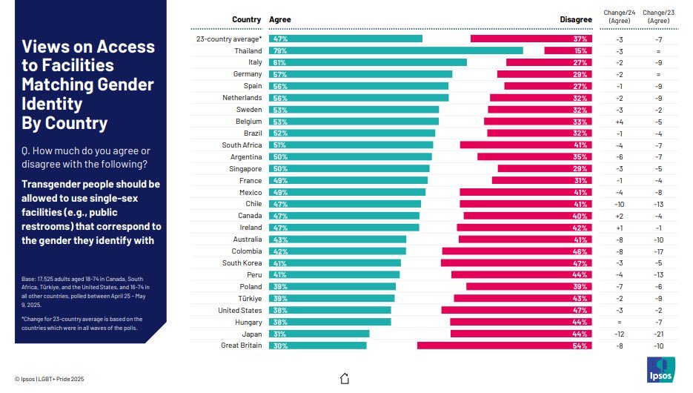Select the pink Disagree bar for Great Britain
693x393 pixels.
pyautogui.click(x=505, y=346)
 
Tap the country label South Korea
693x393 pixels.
pyautogui.click(x=242, y=263)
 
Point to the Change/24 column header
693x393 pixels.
pyautogui.click(x=619, y=16)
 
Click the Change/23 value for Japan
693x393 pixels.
pyautogui.click(x=658, y=334)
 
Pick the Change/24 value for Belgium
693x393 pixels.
pyautogui.click(x=620, y=122)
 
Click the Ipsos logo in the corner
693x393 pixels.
pyautogui.click(x=661, y=369)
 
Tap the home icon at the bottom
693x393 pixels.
pyautogui.click(x=344, y=379)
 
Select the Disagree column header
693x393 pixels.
pyautogui.click(x=576, y=19)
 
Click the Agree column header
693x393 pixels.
pyautogui.click(x=279, y=19)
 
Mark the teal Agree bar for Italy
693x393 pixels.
pyautogui.click(x=368, y=62)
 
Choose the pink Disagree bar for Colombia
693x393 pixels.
pyautogui.click(x=517, y=251)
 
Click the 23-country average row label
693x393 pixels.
pyautogui.click(x=228, y=39)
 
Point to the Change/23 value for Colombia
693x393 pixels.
pyautogui.click(x=658, y=251)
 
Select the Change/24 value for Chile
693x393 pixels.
pyautogui.click(x=620, y=204)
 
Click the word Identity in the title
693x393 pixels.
pyautogui.click(x=51, y=103)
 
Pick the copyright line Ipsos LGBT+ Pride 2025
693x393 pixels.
pyautogui.click(x=48, y=379)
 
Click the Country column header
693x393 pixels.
pyautogui.click(x=246, y=19)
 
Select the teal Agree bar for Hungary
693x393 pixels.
pyautogui.click(x=329, y=322)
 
